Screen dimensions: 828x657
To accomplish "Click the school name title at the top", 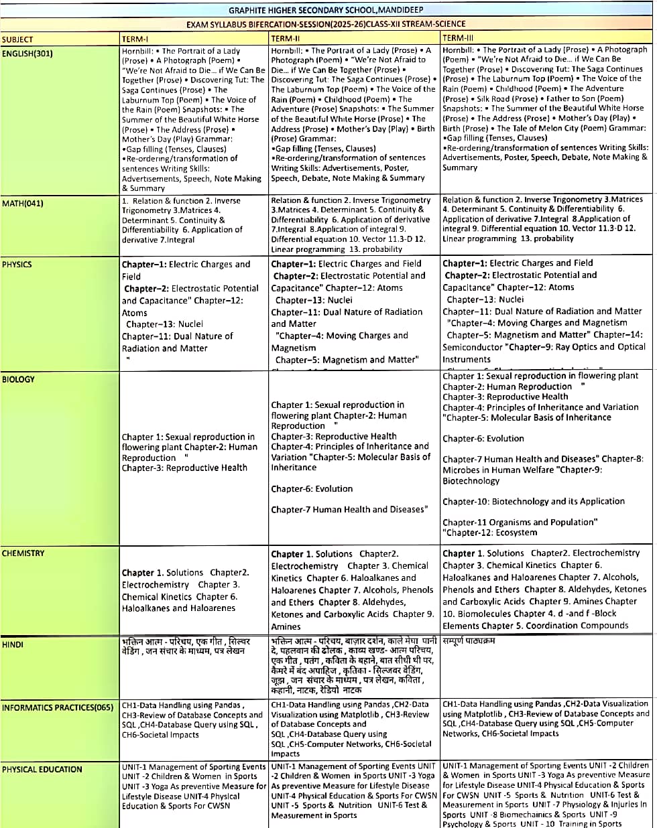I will tap(327, 11).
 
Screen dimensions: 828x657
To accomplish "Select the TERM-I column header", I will tap(135, 39).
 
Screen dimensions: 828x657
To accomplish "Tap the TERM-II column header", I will tap(286, 39).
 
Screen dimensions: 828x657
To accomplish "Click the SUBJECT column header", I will tap(17, 40).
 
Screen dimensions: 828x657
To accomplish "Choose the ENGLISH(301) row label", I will tap(27, 53).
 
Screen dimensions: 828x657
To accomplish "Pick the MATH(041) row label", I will tap(23, 203).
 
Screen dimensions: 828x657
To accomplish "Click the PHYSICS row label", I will tap(17, 264).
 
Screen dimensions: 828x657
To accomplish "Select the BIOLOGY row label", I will tap(18, 379).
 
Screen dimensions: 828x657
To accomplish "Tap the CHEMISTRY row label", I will tap(23, 553).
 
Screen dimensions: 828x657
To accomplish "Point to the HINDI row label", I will tap(13, 644).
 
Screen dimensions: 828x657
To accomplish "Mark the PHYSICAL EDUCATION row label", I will tap(42, 769).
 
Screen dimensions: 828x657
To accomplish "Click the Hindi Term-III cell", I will tap(469, 641).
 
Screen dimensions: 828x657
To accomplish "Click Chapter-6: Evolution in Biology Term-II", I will tap(312, 489).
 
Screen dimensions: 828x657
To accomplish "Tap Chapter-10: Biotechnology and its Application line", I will tap(534, 501).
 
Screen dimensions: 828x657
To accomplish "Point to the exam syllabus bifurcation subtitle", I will tap(326, 24).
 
